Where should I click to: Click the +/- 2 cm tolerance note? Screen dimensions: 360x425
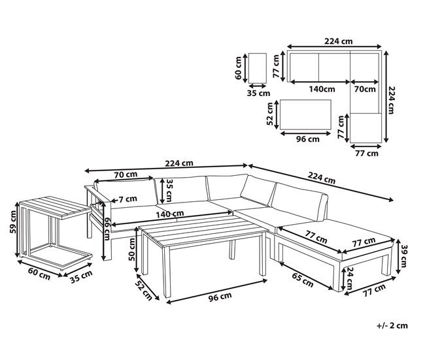coord(392,325)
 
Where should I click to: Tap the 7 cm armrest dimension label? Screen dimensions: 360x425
coord(127,199)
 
